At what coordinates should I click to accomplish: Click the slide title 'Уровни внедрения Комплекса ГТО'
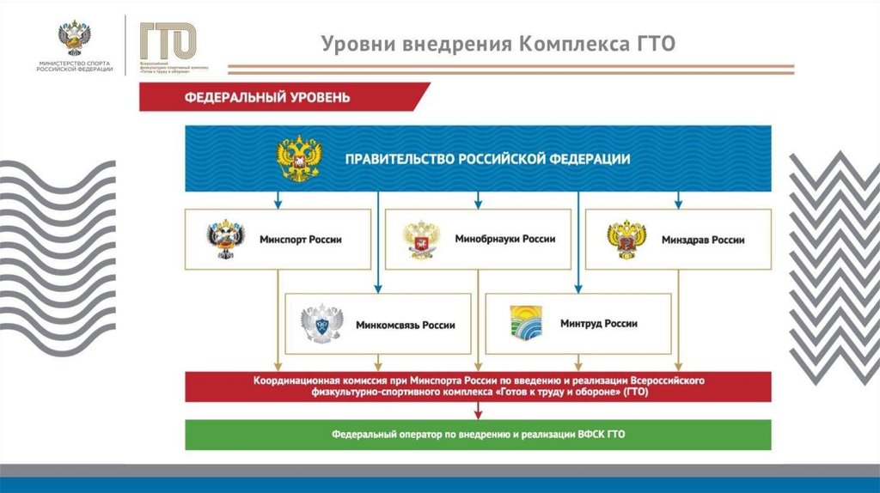click(x=498, y=44)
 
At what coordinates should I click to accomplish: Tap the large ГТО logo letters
click(x=168, y=40)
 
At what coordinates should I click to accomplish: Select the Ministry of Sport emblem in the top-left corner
click(x=75, y=39)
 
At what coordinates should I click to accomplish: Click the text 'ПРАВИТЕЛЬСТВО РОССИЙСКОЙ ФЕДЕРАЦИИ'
click(x=487, y=159)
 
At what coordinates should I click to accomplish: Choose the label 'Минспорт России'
click(x=300, y=240)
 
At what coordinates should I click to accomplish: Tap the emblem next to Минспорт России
click(x=225, y=240)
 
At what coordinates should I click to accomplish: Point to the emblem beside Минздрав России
click(x=626, y=240)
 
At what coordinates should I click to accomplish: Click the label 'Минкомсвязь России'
click(x=405, y=326)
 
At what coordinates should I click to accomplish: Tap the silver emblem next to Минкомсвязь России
click(x=322, y=325)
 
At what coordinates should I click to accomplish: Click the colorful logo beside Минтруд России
click(x=526, y=323)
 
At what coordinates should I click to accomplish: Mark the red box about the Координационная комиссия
click(x=479, y=386)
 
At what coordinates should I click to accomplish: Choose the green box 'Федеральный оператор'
click(x=479, y=435)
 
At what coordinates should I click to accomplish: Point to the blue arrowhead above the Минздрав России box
click(x=678, y=204)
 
